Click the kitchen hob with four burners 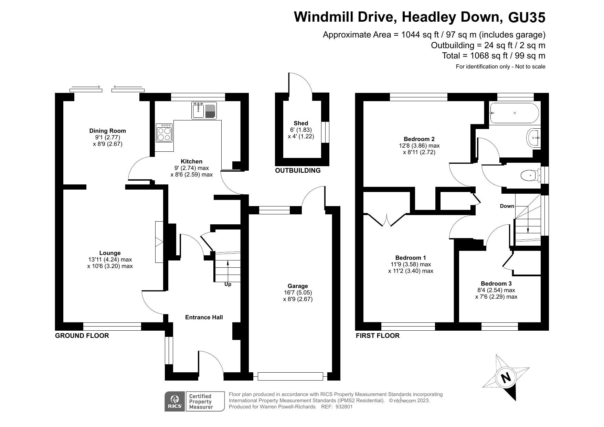click(164, 133)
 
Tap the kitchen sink click(204, 110)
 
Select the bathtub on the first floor click(514, 113)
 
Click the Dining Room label click(108, 131)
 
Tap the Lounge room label click(110, 253)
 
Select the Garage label click(298, 286)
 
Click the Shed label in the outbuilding click(301, 123)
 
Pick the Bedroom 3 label click(496, 284)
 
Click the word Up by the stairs click(228, 284)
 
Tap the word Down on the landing click(507, 206)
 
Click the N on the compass click(506, 378)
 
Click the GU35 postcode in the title click(527, 17)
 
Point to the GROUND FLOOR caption click(82, 335)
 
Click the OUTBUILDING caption click(298, 170)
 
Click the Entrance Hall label click(204, 317)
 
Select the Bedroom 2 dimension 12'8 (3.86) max click(419, 146)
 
